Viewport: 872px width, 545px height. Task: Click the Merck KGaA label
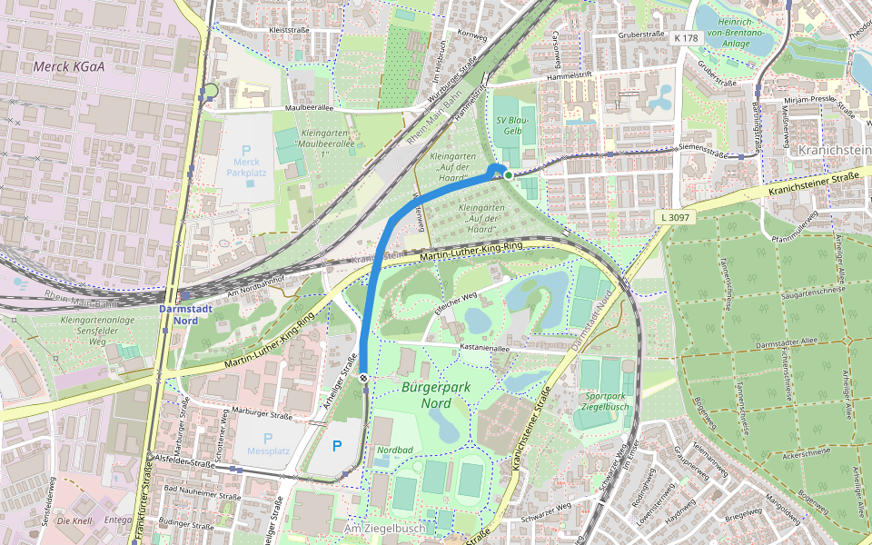70,66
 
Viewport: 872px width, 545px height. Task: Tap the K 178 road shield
687,38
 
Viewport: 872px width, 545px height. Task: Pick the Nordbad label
395,449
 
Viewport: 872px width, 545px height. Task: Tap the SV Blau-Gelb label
508,125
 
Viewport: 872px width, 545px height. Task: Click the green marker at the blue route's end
509,174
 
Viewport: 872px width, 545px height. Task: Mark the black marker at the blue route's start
363,377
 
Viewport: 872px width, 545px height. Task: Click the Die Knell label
74,521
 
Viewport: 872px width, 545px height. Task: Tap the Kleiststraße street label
291,30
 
